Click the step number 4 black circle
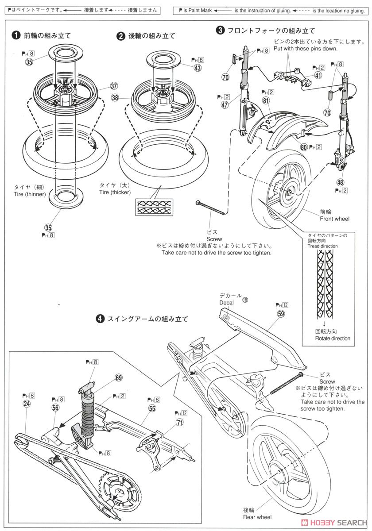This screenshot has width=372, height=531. (101, 318)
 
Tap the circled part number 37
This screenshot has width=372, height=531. (114, 86)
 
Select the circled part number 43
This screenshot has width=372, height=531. (197, 67)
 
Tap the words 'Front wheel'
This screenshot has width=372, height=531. (334, 219)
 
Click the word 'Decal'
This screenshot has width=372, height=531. (225, 303)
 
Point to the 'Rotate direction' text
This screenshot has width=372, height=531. (332, 339)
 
